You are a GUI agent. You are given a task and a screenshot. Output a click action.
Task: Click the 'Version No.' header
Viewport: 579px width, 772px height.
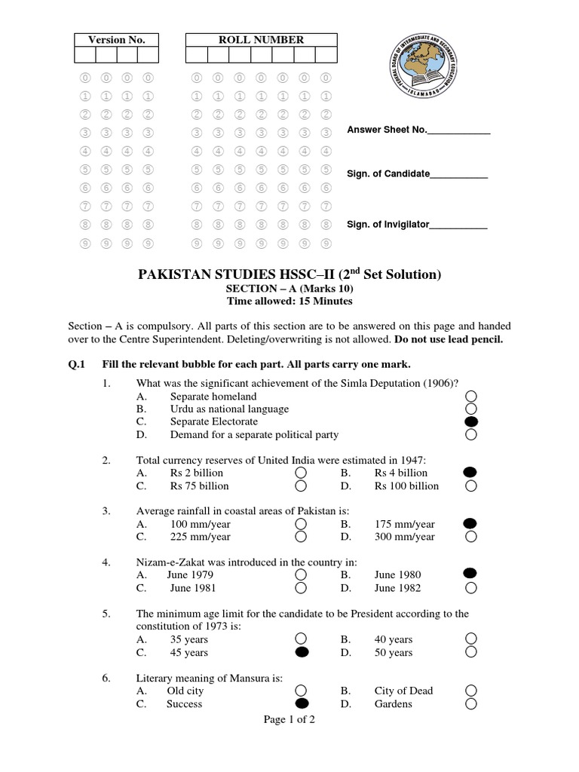point(116,40)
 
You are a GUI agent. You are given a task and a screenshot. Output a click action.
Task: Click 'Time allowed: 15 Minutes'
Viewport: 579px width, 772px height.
point(289,301)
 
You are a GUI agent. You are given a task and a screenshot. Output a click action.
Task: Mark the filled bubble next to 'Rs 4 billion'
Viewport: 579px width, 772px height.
point(470,472)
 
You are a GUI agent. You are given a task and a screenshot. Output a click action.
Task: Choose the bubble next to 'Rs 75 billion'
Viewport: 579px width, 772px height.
point(301,486)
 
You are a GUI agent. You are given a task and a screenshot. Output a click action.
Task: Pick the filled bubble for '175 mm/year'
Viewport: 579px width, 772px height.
point(470,523)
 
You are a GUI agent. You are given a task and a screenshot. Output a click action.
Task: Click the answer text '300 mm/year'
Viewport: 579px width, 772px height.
point(404,537)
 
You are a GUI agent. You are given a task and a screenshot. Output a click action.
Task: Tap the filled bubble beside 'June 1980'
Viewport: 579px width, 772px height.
point(470,574)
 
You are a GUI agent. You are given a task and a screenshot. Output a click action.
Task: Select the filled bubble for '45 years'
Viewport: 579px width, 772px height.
point(302,652)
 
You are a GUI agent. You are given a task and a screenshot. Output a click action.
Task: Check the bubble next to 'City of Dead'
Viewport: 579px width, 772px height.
point(471,691)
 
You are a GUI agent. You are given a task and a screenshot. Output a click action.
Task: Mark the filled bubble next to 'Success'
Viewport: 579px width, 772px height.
point(302,703)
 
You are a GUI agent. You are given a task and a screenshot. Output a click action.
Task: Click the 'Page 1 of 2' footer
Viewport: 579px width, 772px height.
point(289,719)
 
